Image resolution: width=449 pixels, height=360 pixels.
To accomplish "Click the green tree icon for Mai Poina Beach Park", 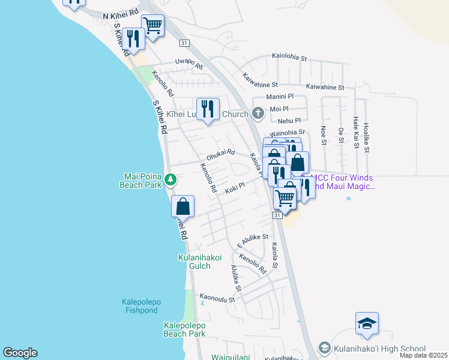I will [170, 179].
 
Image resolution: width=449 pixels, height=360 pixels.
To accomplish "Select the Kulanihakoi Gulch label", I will [203, 262].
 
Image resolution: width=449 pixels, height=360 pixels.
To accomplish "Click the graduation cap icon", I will [367, 324].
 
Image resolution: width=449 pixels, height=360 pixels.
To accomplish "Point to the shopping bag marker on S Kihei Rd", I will [183, 206].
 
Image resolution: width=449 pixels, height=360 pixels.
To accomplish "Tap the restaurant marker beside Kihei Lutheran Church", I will [208, 109].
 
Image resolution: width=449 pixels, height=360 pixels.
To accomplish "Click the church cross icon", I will [258, 113].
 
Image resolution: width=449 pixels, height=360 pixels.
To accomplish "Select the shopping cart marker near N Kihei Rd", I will [152, 26].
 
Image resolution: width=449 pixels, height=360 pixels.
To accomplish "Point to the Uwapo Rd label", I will [188, 64].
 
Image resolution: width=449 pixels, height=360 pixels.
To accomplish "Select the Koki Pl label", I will [235, 188].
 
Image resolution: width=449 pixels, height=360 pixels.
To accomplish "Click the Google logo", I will [20, 353].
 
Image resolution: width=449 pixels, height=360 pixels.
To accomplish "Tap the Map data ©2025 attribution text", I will [423, 355].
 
